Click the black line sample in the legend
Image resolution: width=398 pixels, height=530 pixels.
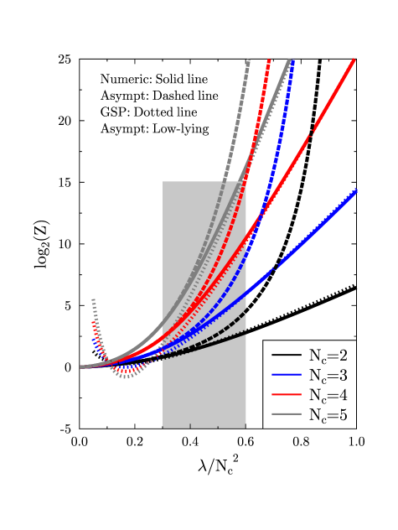[x=286, y=355]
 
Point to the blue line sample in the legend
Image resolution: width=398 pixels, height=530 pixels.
[x=286, y=375]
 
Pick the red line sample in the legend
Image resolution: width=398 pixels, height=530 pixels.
[x=286, y=395]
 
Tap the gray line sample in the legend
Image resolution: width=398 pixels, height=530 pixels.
[x=286, y=415]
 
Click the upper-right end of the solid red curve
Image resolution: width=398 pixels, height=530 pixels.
[x=354, y=60]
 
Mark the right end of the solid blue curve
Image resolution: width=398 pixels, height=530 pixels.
[x=357, y=190]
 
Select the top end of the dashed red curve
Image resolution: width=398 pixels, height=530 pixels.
[x=269, y=60]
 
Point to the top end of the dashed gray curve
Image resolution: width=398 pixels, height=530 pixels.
[x=249, y=60]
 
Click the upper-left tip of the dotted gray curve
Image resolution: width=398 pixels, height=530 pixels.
[x=93, y=299]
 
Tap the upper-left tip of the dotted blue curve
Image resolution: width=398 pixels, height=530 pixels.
[x=93, y=340]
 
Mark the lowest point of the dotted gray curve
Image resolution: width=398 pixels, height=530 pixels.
[x=126, y=377]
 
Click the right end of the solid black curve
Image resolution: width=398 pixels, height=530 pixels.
[x=246, y=332]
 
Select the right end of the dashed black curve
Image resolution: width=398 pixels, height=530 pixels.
[x=246, y=312]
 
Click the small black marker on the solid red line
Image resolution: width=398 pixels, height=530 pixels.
[x=312, y=132]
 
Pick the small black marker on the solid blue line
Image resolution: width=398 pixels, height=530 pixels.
[x=276, y=267]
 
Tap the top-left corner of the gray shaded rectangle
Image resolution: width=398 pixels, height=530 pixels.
[x=163, y=181]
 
